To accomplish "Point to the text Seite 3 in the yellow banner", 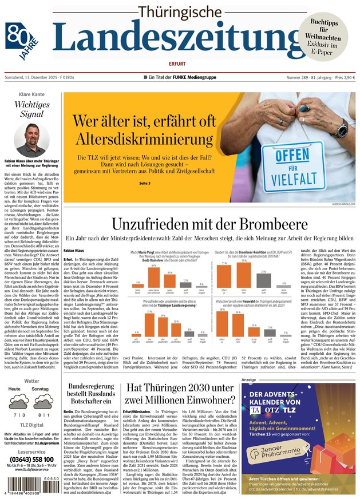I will click(145, 183).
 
